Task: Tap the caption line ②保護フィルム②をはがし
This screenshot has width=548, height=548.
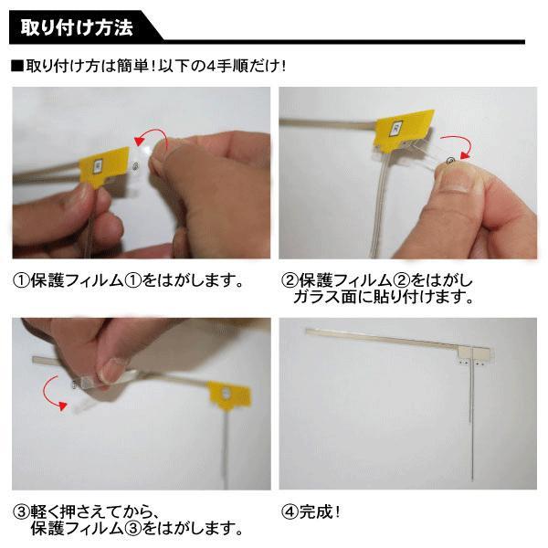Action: (x=376, y=280)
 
